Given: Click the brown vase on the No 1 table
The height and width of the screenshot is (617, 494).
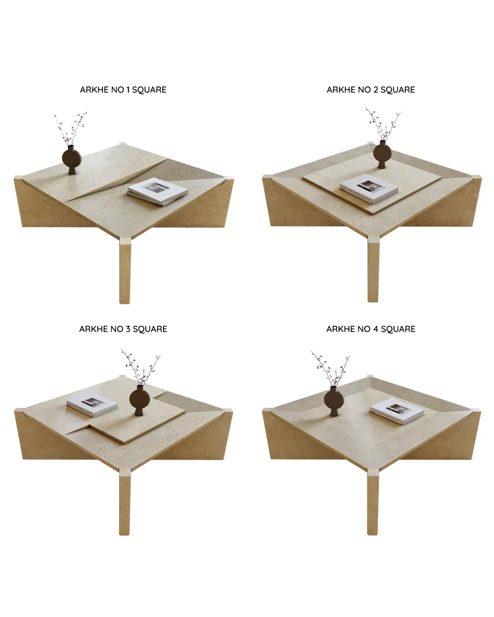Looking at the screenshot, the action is coord(71,159).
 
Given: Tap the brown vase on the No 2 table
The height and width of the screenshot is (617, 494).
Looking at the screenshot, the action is coord(382,152).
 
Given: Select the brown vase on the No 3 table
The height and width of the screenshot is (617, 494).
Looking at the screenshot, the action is coord(140,400).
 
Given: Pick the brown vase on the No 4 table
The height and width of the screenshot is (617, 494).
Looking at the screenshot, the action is coord(333,400).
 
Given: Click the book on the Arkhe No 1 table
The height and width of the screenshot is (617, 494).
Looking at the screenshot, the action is coord(157,192).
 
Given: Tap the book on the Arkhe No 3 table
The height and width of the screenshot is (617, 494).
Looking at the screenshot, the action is coord(92,405).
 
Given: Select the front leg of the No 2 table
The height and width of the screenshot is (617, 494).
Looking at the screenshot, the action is coord(373,269).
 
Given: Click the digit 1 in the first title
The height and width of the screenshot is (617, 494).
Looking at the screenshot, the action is coord(128,89).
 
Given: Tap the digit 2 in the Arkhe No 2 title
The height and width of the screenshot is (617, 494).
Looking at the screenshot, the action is coord(375,89).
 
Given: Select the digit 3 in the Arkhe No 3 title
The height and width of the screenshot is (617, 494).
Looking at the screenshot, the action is coord(128,329).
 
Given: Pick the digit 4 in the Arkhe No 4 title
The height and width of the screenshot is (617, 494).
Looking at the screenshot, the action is coord(375,329).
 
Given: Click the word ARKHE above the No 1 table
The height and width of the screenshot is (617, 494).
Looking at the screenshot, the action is coord(94,89).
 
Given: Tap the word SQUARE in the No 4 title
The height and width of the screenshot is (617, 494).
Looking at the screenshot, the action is coord(398,329).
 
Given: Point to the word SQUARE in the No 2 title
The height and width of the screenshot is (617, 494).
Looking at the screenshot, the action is coord(398,89).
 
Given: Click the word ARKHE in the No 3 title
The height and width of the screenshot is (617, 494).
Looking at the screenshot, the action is coord(94,329).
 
